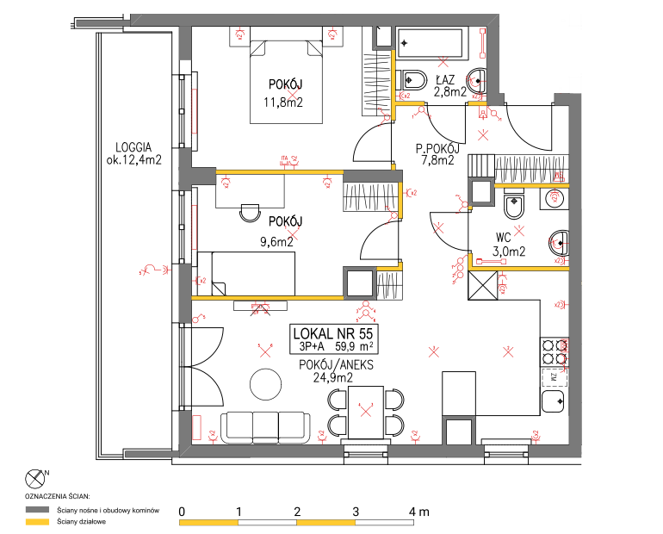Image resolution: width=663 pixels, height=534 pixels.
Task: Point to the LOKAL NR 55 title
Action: point(334,333)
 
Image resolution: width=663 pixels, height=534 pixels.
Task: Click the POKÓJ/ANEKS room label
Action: point(336,364)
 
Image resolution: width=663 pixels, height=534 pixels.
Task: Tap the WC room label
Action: point(505,238)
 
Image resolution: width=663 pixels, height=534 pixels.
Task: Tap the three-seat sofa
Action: point(265,425)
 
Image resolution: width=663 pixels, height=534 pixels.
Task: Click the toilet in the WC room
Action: point(513,206)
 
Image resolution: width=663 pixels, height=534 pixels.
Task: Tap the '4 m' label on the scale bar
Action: point(419,512)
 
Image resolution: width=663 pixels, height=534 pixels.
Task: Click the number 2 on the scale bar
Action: point(297,512)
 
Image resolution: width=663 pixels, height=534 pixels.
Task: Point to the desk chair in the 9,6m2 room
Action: point(250,211)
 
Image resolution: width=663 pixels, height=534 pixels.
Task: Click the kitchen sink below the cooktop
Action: point(554,400)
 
